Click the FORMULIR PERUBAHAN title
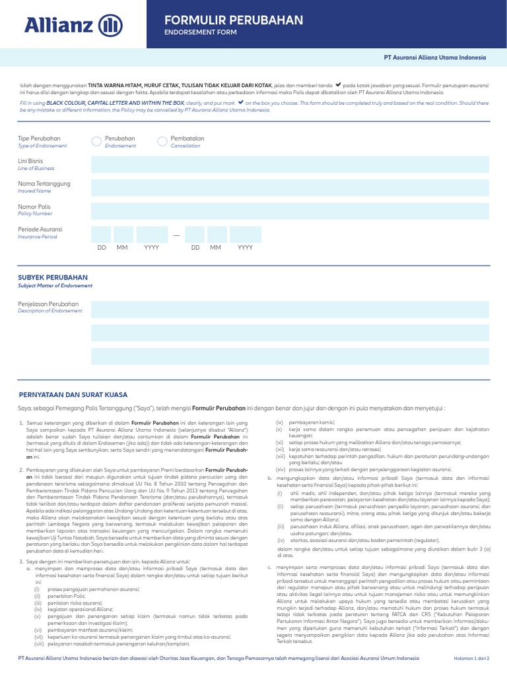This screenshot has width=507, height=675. click(x=233, y=20)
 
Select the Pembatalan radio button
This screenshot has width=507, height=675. click(x=162, y=141)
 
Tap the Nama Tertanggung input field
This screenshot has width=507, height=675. click(x=290, y=187)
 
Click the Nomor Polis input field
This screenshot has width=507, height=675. click(x=290, y=210)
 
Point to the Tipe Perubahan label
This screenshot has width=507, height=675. click(x=39, y=138)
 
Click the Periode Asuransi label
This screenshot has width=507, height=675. click(x=40, y=229)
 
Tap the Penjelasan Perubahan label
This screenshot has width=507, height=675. click(x=48, y=304)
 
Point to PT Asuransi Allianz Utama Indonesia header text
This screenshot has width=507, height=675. click(x=434, y=57)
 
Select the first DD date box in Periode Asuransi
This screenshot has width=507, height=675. click(x=101, y=234)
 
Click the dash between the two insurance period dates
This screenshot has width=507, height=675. click(x=176, y=235)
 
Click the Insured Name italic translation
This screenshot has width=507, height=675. click(x=34, y=191)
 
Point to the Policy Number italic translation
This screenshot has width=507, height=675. click(x=35, y=214)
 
